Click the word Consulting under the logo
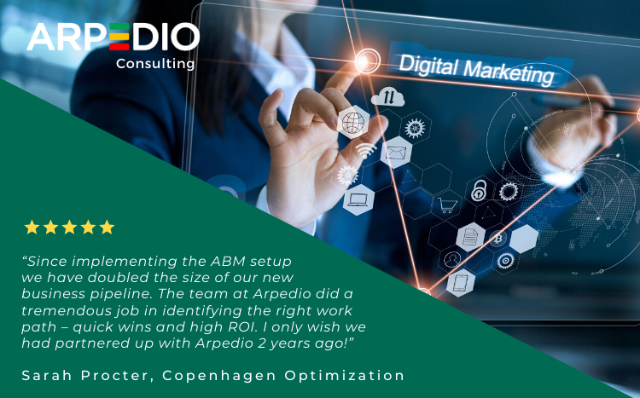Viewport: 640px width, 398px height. coord(155,64)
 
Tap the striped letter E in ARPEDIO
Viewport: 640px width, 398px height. coord(119,37)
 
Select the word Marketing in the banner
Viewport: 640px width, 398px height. coord(509,72)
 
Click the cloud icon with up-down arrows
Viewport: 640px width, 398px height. coord(388,96)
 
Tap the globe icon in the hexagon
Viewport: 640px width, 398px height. coord(353,123)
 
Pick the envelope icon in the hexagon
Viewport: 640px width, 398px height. coord(395,153)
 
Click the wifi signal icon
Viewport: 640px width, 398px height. coord(366,150)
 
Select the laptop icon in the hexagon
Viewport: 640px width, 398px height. coord(358,199)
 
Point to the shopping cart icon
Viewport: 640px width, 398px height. coord(446,205)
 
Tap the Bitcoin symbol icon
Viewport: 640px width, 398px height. coord(498,238)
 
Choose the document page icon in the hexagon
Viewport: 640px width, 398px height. coord(470,237)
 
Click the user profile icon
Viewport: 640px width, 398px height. coord(451,259)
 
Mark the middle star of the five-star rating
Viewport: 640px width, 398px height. coord(69,228)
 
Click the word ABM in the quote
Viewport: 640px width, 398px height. coord(228,261)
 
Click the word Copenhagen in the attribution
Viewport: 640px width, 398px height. coord(219,376)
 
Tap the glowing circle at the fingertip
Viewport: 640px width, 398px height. coord(367,61)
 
